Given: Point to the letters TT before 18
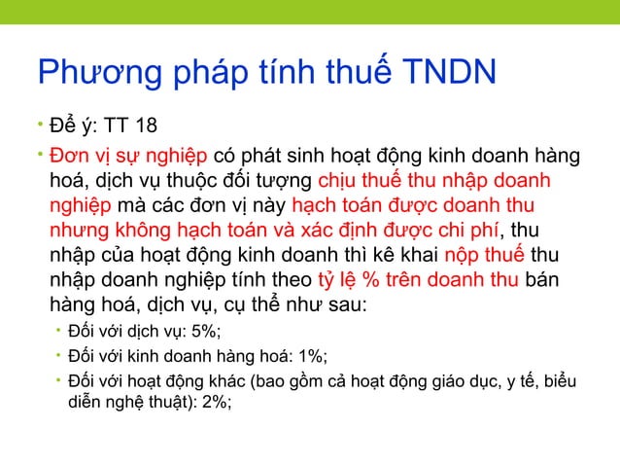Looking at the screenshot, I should [114, 127].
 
